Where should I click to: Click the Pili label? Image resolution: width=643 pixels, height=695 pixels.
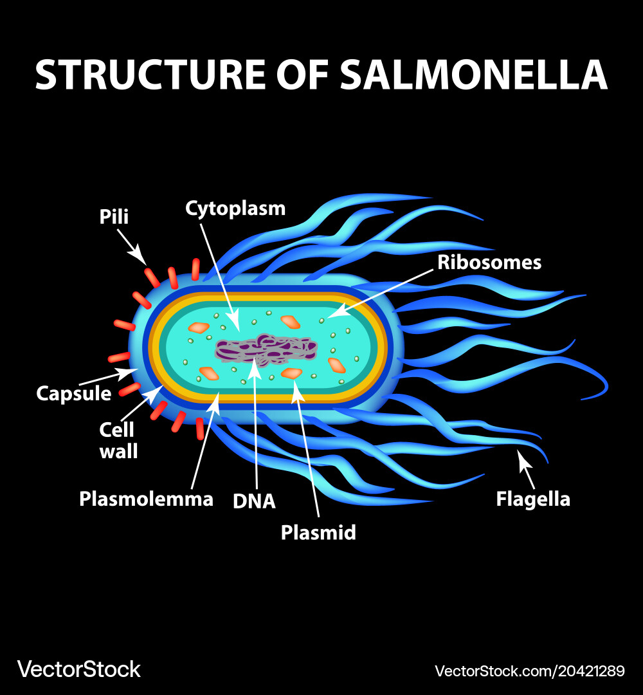[114, 217]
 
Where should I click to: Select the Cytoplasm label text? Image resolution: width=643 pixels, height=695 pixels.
[235, 208]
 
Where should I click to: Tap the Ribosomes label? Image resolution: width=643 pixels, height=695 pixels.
[489, 263]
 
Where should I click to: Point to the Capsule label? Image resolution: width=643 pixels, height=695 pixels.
[74, 393]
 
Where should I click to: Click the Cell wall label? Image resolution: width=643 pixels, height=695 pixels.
[118, 440]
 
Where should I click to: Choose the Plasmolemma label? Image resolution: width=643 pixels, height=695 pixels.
[146, 499]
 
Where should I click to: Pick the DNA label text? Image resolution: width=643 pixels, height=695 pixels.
[254, 501]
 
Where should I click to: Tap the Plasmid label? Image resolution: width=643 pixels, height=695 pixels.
[318, 532]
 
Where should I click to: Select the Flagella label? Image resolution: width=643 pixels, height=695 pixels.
[533, 499]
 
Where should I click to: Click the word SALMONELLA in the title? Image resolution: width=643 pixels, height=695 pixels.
[474, 75]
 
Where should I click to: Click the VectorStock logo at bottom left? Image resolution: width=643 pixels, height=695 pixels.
[78, 669]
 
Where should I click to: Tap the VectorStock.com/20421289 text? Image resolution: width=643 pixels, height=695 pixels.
[529, 671]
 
